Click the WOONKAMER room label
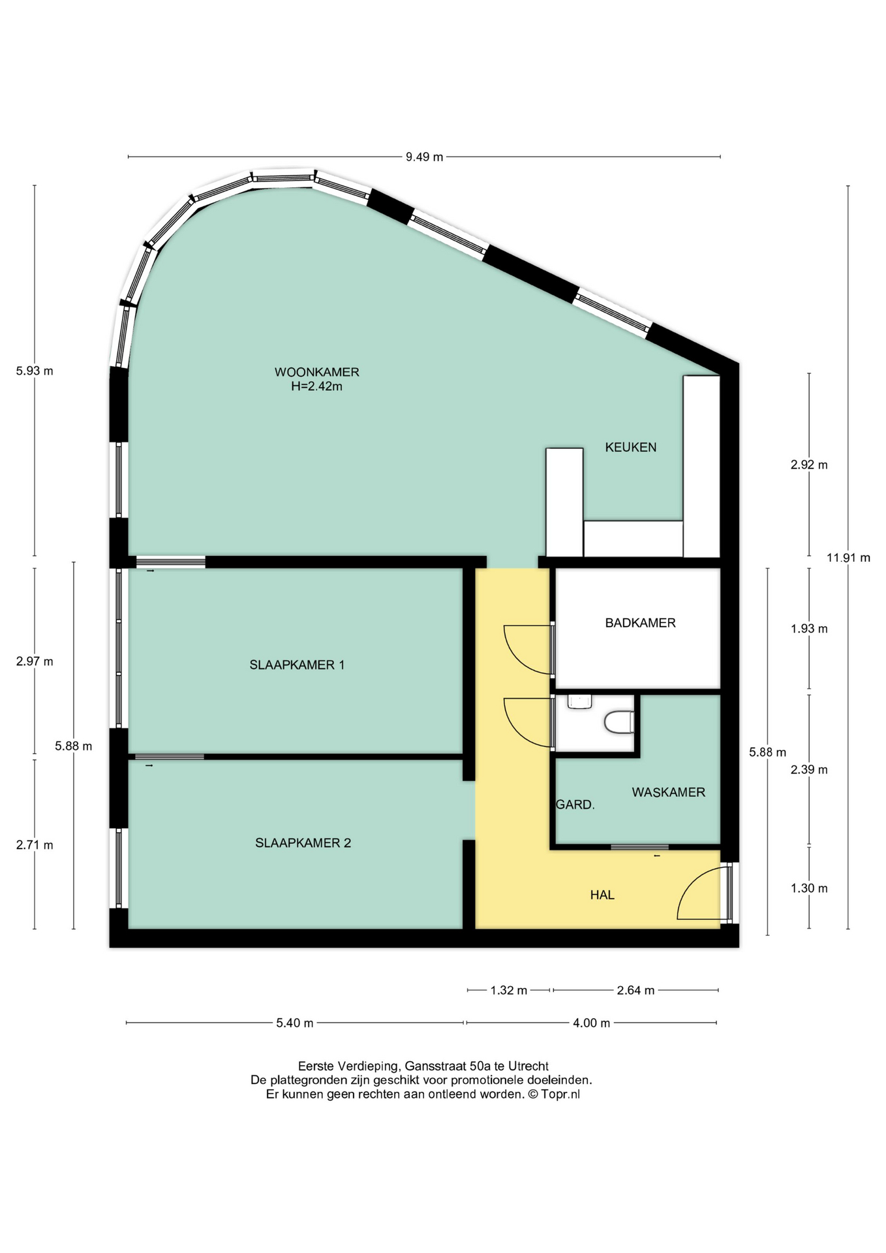[316, 372]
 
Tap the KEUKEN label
[630, 448]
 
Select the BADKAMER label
[640, 623]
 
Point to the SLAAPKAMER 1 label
[297, 665]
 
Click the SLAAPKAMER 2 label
[303, 843]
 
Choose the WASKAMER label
[668, 792]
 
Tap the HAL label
[602, 895]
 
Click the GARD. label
[575, 805]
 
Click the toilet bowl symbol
[619, 722]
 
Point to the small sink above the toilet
[579, 702]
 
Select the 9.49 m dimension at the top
[424, 157]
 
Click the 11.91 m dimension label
[848, 558]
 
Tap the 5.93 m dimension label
[35, 371]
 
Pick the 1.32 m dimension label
[508, 991]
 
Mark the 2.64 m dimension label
[635, 991]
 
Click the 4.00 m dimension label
[591, 1023]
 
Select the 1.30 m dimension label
[809, 888]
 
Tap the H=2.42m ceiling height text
[316, 386]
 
